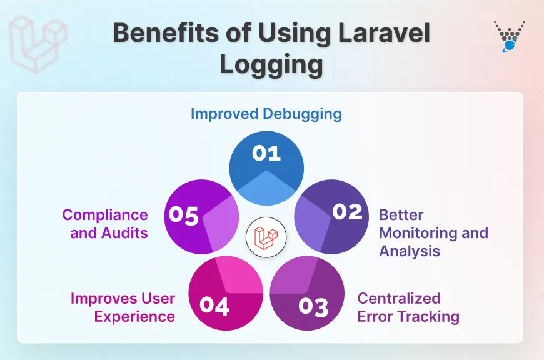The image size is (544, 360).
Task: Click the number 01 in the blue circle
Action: point(266,153)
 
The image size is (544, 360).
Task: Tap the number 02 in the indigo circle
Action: point(347,212)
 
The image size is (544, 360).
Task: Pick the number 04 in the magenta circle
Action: point(214,306)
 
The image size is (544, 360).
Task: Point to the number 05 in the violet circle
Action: point(184,216)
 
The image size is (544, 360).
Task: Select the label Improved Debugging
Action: point(266,113)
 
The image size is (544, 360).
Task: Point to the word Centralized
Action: point(399,298)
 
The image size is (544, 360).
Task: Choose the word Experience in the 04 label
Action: point(134,316)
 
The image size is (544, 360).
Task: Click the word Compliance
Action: point(105,215)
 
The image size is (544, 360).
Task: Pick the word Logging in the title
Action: point(271,65)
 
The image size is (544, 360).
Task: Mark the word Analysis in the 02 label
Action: point(410,251)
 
